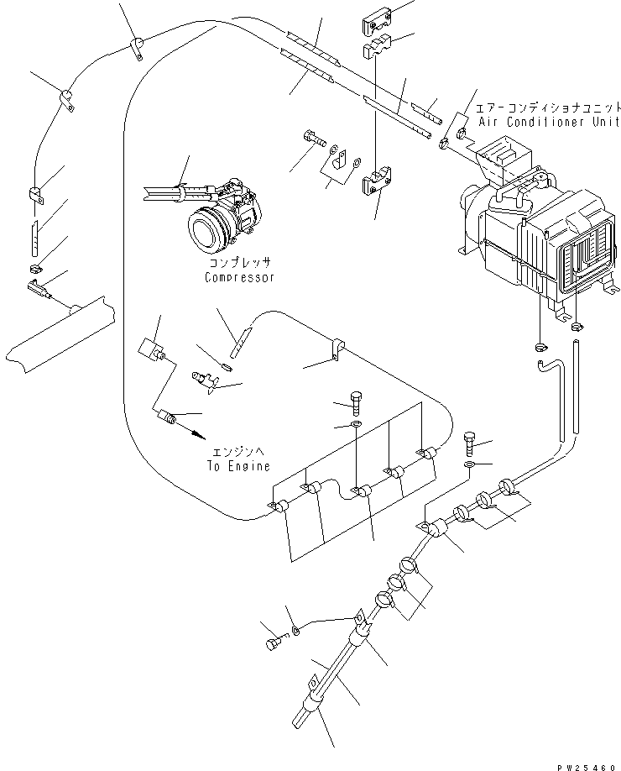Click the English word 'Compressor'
[239, 278]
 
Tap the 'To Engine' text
[238, 466]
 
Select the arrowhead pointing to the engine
[199, 434]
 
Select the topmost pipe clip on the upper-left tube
[135, 49]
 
